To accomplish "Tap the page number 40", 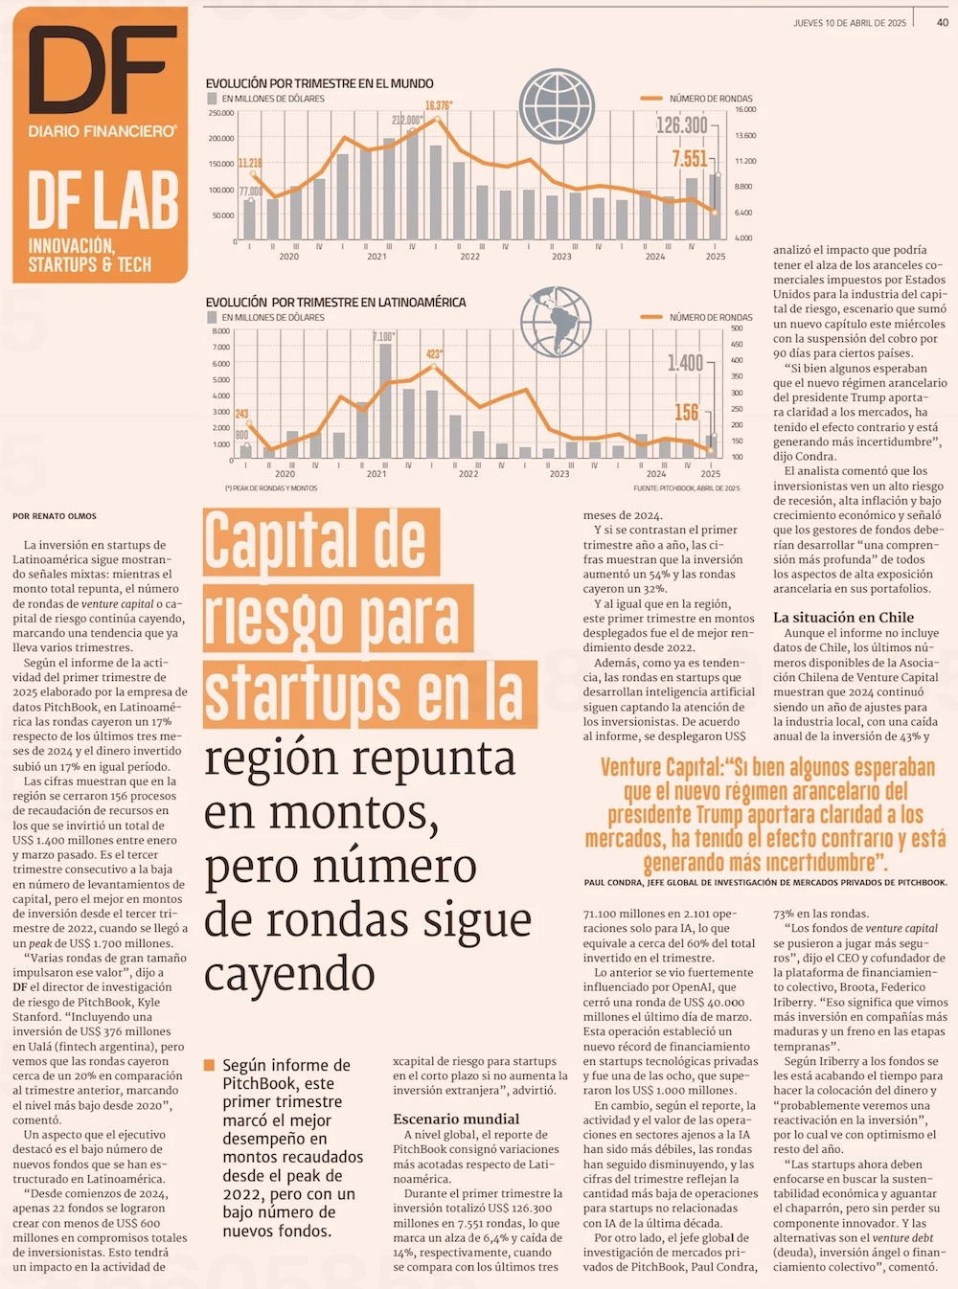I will (943, 22).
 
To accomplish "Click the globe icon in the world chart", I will (557, 106).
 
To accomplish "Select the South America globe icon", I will (556, 320).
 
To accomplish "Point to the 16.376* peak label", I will (439, 105).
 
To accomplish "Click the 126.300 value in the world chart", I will (681, 125).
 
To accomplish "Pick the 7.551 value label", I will (689, 159).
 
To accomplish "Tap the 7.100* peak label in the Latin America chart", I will (383, 336).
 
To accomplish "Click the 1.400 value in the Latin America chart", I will (685, 363).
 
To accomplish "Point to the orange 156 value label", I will (686, 412).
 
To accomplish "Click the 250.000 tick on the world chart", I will (220, 113).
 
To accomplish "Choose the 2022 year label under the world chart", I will (469, 257).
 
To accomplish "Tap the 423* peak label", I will (434, 354).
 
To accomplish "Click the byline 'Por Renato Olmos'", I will (55, 516).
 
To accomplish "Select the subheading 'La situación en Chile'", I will (843, 618).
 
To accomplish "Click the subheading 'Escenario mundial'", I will (456, 1119).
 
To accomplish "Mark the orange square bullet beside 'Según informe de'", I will (210, 1065).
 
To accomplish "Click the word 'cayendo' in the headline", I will (289, 975).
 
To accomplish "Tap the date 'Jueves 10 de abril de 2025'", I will (849, 23).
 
